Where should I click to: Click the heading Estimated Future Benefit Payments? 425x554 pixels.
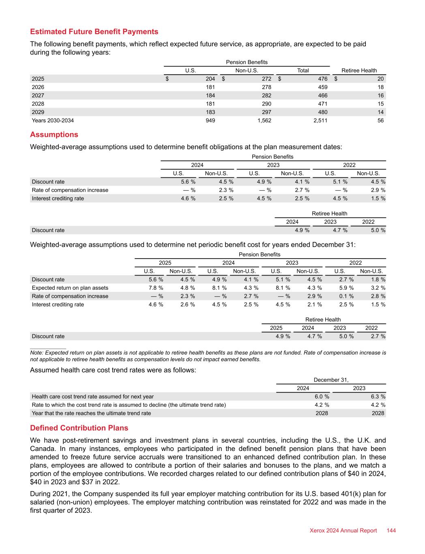94,32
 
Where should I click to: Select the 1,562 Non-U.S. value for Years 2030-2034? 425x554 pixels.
264,121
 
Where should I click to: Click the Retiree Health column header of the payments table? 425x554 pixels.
359,70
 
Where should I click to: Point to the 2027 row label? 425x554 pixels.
38,95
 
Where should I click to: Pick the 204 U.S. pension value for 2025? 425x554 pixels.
210,79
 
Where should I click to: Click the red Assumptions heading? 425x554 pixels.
54,134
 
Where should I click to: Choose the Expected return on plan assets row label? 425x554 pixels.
70,288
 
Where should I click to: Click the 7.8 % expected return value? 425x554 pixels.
156,288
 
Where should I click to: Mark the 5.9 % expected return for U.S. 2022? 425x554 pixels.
346,288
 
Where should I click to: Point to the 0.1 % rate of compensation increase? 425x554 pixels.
346,296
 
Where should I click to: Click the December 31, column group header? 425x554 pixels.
331,380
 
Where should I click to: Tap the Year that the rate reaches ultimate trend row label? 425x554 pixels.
91,413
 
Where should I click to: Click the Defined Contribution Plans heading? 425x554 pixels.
79,428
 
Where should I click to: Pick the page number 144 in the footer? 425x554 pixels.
391,530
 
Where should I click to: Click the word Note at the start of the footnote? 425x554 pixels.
36,353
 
